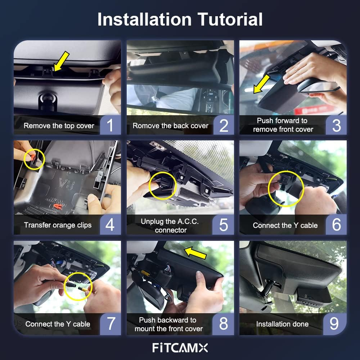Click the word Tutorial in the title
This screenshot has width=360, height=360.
pyautogui.click(x=230, y=19)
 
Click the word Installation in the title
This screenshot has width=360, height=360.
pyautogui.click(x=144, y=19)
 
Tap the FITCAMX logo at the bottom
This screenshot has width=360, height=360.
pyautogui.click(x=180, y=348)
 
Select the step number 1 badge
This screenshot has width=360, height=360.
pyautogui.click(x=110, y=125)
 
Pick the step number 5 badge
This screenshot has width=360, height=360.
pyautogui.click(x=223, y=225)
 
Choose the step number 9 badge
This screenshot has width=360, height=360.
pyautogui.click(x=334, y=324)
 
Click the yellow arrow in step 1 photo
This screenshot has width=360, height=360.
pyautogui.click(x=61, y=61)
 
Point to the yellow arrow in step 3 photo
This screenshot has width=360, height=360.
pyautogui.click(x=261, y=84)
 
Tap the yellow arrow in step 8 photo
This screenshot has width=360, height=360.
pyautogui.click(x=195, y=253)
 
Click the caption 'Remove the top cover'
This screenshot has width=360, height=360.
pyautogui.click(x=59, y=126)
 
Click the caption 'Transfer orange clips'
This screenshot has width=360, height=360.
pyautogui.click(x=58, y=225)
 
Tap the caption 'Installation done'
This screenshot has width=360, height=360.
pyautogui.click(x=282, y=324)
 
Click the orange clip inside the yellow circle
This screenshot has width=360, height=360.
pyautogui.click(x=32, y=157)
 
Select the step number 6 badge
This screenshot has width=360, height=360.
pyautogui.click(x=336, y=225)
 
